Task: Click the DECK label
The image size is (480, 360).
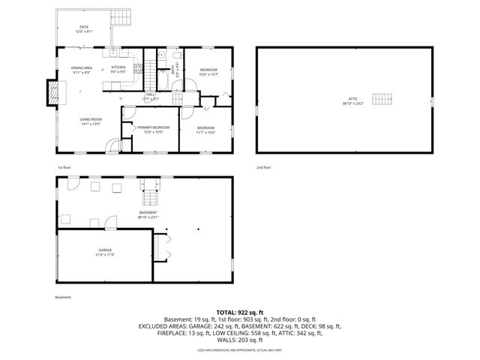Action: pos(83,27)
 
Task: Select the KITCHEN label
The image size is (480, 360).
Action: pos(118,67)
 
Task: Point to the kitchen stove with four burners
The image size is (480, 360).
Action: pos(138,69)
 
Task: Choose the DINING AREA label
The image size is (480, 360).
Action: pos(82,67)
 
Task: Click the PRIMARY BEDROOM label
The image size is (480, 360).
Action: pos(153,127)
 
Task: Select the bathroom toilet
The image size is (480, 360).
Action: pos(175,56)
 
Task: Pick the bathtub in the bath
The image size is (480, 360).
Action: pos(163,76)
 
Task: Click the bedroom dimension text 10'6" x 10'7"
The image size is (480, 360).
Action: pos(208,74)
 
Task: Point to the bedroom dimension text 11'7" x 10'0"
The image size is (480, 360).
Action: pos(206,132)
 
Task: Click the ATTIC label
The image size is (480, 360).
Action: pos(353,100)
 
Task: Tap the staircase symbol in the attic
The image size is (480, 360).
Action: pos(384,100)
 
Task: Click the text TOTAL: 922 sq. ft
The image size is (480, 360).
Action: pos(239,311)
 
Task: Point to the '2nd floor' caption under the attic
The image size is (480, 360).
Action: pos(264,167)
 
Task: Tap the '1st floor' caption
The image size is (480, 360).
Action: pos(64,167)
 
